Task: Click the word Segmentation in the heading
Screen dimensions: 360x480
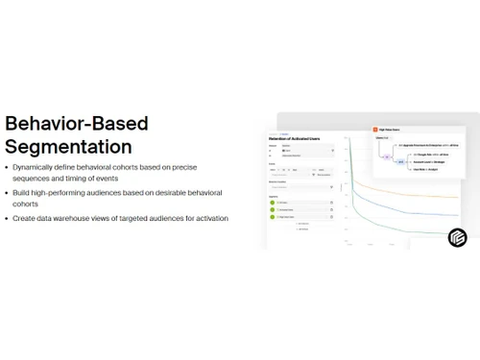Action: click(x=68, y=147)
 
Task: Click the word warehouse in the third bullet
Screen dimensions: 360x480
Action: click(x=86, y=218)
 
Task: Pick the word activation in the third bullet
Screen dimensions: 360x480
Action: click(x=210, y=218)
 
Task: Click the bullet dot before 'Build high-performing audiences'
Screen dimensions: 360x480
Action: click(x=8, y=193)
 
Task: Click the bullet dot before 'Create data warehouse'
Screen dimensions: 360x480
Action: click(x=8, y=218)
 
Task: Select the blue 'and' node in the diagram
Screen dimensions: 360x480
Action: click(x=399, y=162)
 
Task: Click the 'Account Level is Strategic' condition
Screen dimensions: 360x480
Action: click(x=431, y=162)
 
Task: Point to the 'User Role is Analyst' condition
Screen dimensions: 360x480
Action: click(x=425, y=169)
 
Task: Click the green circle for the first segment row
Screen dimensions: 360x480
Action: click(x=273, y=203)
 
